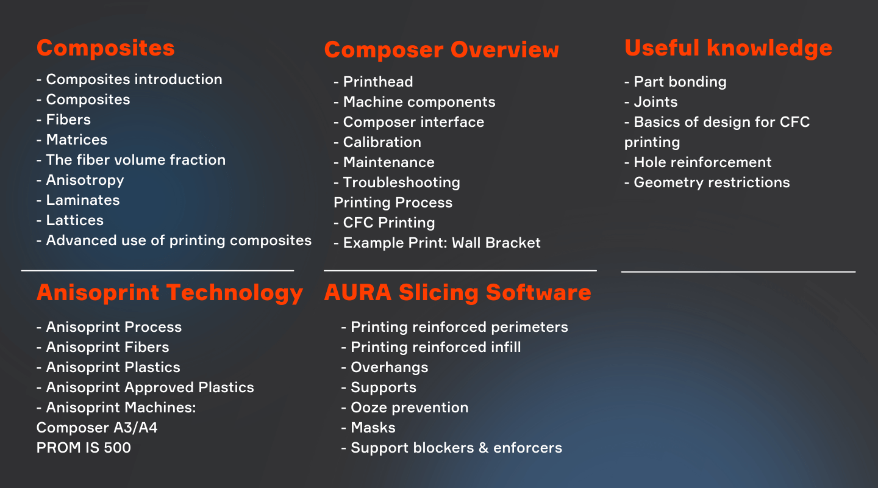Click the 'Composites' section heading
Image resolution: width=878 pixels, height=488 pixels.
105,49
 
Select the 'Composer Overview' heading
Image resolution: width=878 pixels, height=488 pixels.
441,50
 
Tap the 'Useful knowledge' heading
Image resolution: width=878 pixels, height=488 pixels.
728,48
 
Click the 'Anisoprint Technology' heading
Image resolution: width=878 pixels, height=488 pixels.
170,293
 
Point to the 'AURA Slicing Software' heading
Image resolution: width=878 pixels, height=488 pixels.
457,293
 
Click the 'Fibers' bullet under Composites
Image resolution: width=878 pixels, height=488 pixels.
63,120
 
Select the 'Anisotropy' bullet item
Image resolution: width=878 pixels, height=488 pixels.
80,181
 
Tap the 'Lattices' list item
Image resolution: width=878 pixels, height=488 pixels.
70,220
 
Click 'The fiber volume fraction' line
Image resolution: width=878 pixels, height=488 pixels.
131,160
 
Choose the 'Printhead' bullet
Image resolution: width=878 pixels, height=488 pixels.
373,82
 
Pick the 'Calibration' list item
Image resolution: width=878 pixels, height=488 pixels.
377,142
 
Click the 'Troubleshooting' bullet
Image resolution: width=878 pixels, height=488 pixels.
397,183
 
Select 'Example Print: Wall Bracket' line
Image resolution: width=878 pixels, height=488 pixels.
437,243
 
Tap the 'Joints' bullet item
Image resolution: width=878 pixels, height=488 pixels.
651,102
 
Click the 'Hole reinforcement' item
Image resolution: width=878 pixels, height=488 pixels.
698,162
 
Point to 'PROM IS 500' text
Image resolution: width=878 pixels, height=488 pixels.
84,448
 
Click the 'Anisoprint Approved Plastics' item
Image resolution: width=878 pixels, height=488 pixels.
145,388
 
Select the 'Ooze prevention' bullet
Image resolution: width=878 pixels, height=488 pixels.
404,408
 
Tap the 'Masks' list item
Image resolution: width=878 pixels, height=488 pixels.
368,428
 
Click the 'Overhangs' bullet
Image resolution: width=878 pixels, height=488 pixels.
385,368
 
